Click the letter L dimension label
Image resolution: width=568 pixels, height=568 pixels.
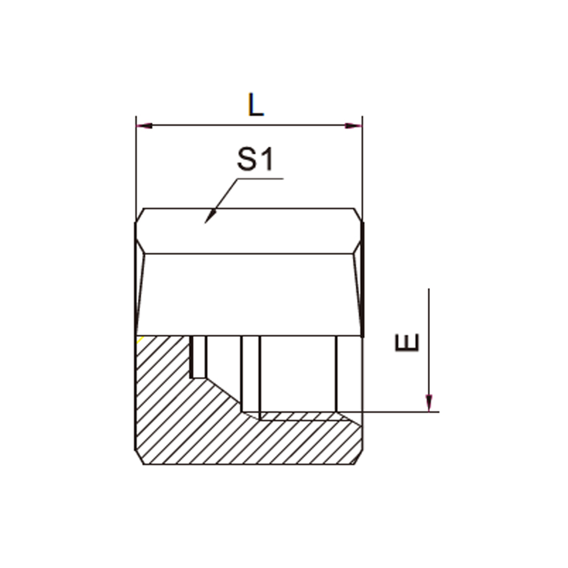click(x=256, y=105)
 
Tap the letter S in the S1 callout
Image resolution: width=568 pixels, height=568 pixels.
click(x=247, y=159)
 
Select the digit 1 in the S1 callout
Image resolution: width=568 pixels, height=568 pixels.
click(x=266, y=160)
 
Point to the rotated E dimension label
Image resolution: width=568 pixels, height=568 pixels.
click(x=407, y=343)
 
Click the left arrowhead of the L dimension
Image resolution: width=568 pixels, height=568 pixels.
click(x=144, y=126)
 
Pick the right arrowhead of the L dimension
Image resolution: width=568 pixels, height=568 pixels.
click(x=353, y=126)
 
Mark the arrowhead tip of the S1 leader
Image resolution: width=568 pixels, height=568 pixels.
click(x=205, y=223)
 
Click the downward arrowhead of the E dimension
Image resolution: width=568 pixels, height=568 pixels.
click(x=429, y=403)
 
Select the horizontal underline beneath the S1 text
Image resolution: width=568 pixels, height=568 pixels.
click(x=260, y=178)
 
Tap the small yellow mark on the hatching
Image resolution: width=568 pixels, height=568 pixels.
click(x=140, y=340)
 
